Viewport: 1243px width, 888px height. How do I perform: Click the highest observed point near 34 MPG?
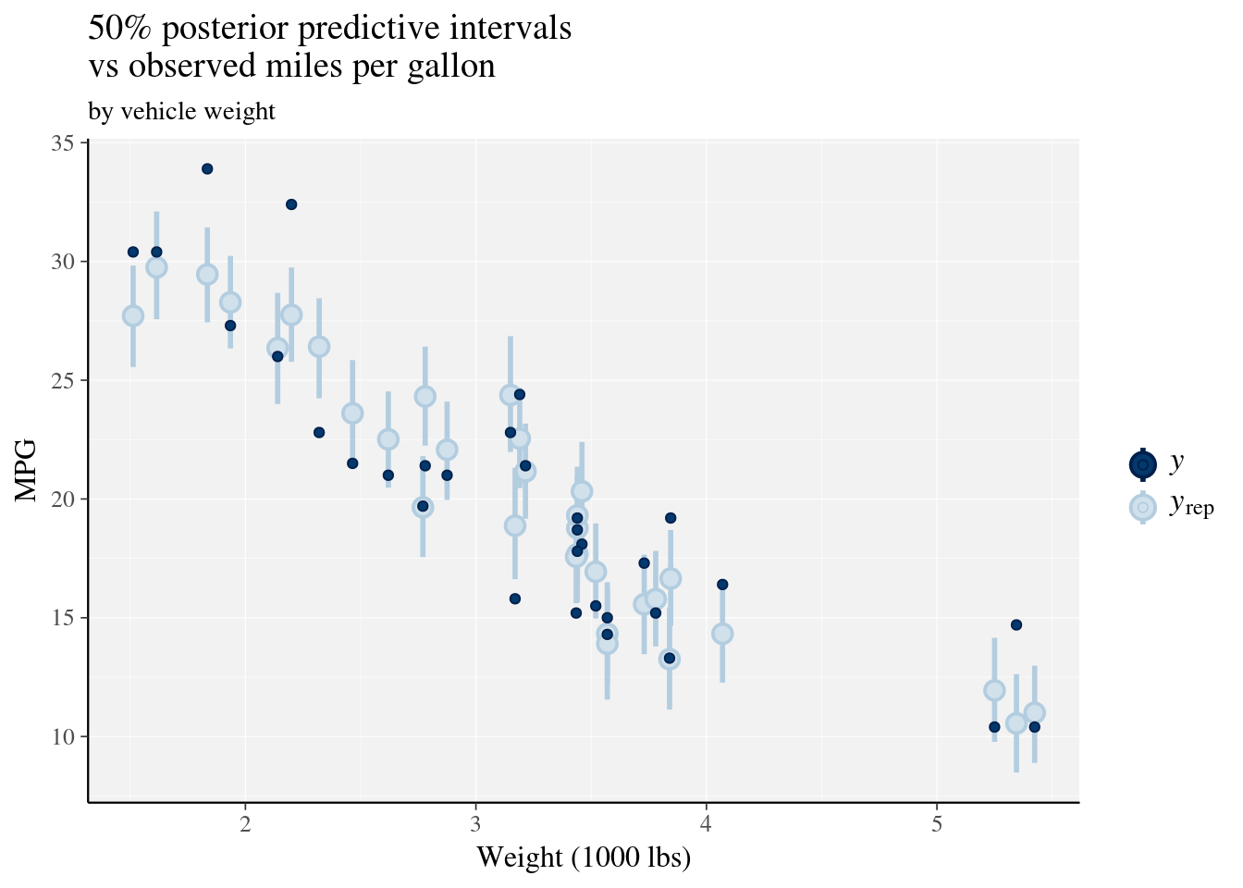click(207, 168)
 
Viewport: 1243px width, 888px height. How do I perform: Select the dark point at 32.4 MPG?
click(291, 204)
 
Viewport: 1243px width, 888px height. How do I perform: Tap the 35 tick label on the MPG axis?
click(63, 143)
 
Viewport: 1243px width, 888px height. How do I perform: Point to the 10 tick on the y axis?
click(63, 737)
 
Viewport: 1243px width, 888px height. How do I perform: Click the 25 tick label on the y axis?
click(63, 381)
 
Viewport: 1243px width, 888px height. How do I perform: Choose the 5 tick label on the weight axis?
click(937, 824)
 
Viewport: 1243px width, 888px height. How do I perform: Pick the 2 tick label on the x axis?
click(245, 824)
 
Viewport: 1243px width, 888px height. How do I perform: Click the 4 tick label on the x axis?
click(707, 824)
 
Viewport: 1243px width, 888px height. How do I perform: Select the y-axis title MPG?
click(28, 472)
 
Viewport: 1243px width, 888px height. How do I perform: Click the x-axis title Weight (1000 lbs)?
click(584, 857)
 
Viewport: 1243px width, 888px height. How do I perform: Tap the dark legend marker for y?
click(1143, 464)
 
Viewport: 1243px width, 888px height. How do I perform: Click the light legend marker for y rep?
click(1143, 508)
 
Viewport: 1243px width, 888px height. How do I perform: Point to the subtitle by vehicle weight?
click(181, 112)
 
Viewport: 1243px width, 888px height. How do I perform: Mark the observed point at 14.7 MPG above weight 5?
click(1016, 624)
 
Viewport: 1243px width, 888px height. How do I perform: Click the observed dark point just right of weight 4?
click(722, 585)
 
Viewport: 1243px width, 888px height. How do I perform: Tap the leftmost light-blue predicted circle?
click(133, 315)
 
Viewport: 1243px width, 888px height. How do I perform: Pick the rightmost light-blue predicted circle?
click(1035, 712)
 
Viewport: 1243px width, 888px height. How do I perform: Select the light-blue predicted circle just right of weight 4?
click(722, 634)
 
